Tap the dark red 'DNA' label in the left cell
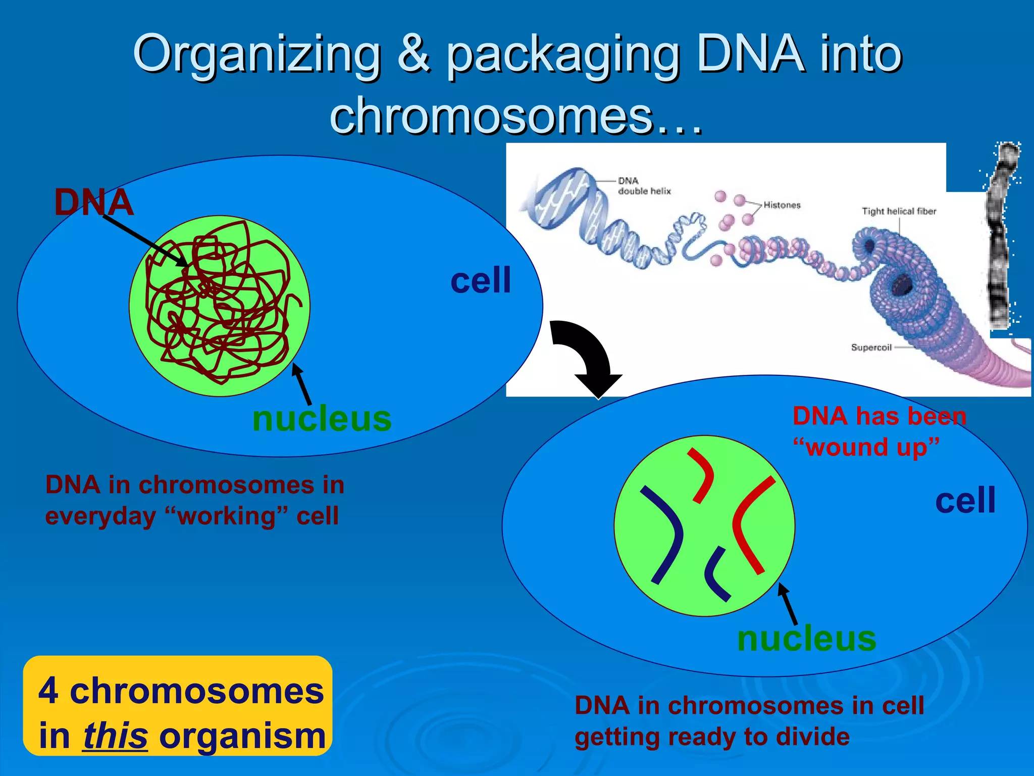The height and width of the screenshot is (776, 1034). pyautogui.click(x=94, y=203)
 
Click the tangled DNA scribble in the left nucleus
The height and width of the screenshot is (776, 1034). pyautogui.click(x=220, y=303)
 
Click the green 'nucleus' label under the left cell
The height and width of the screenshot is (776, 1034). pyautogui.click(x=322, y=419)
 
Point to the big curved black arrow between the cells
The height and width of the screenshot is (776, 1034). pyautogui.click(x=588, y=356)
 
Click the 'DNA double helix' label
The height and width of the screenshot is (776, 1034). pyautogui.click(x=644, y=186)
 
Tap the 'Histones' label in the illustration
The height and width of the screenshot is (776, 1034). pyautogui.click(x=782, y=205)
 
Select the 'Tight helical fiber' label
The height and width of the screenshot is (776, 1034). pyautogui.click(x=899, y=211)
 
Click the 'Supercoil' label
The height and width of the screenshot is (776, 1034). pyautogui.click(x=871, y=348)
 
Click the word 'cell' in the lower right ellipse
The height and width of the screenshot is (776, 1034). pyautogui.click(x=965, y=501)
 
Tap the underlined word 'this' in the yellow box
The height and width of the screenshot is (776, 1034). pyautogui.click(x=115, y=736)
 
